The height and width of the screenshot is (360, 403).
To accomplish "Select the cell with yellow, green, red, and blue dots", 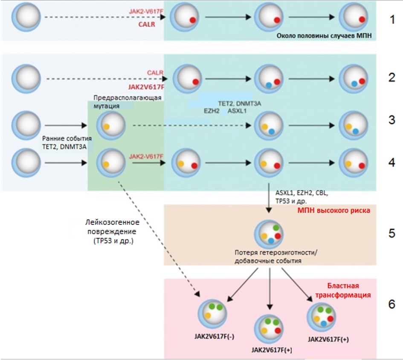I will point(322,318).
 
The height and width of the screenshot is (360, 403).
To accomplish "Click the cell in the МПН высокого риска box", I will point(269,233).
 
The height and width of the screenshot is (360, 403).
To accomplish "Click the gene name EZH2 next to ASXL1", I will point(212,110).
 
